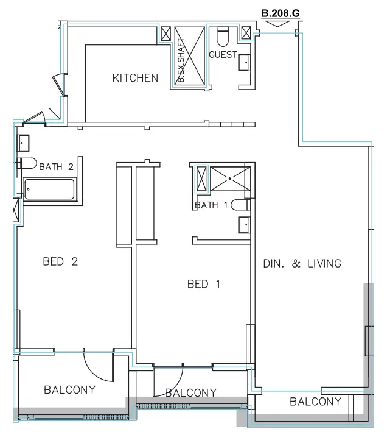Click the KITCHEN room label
(x=135, y=78)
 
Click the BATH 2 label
(x=56, y=166)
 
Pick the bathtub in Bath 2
(x=49, y=189)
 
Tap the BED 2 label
(x=60, y=262)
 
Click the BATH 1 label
(x=211, y=205)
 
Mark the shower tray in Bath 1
(x=229, y=179)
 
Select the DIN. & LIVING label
(x=302, y=264)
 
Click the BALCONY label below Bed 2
(x=69, y=390)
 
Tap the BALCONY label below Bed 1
(x=190, y=393)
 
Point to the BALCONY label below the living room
(x=315, y=402)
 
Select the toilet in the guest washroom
(x=223, y=38)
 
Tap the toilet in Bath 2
(x=27, y=163)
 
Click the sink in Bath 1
(x=245, y=224)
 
